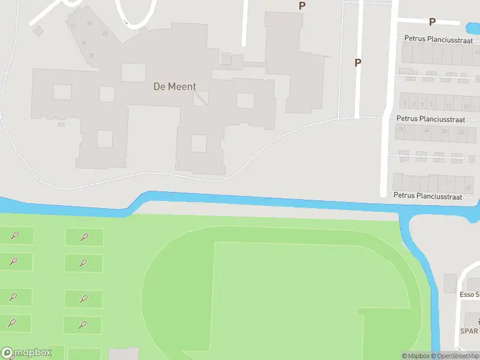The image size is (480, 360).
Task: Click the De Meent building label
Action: coord(174,86)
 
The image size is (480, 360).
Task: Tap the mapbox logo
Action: coord(25,353)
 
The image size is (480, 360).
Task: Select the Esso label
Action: coord(469,295)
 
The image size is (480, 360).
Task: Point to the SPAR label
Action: coord(469,331)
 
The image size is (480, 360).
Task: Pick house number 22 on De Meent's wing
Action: coord(105,34)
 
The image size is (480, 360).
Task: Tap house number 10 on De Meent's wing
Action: coord(89,24)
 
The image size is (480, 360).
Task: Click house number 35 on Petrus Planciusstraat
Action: coord(467,188)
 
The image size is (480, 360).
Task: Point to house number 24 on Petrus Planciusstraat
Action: coord(427,130)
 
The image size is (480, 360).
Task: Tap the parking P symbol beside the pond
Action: coord(431,22)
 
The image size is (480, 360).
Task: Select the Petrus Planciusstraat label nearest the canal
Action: coord(428,196)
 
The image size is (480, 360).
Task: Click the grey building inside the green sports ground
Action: coord(124,354)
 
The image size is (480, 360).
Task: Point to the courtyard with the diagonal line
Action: coord(201,98)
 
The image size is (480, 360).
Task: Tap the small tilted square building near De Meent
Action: coord(38,29)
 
